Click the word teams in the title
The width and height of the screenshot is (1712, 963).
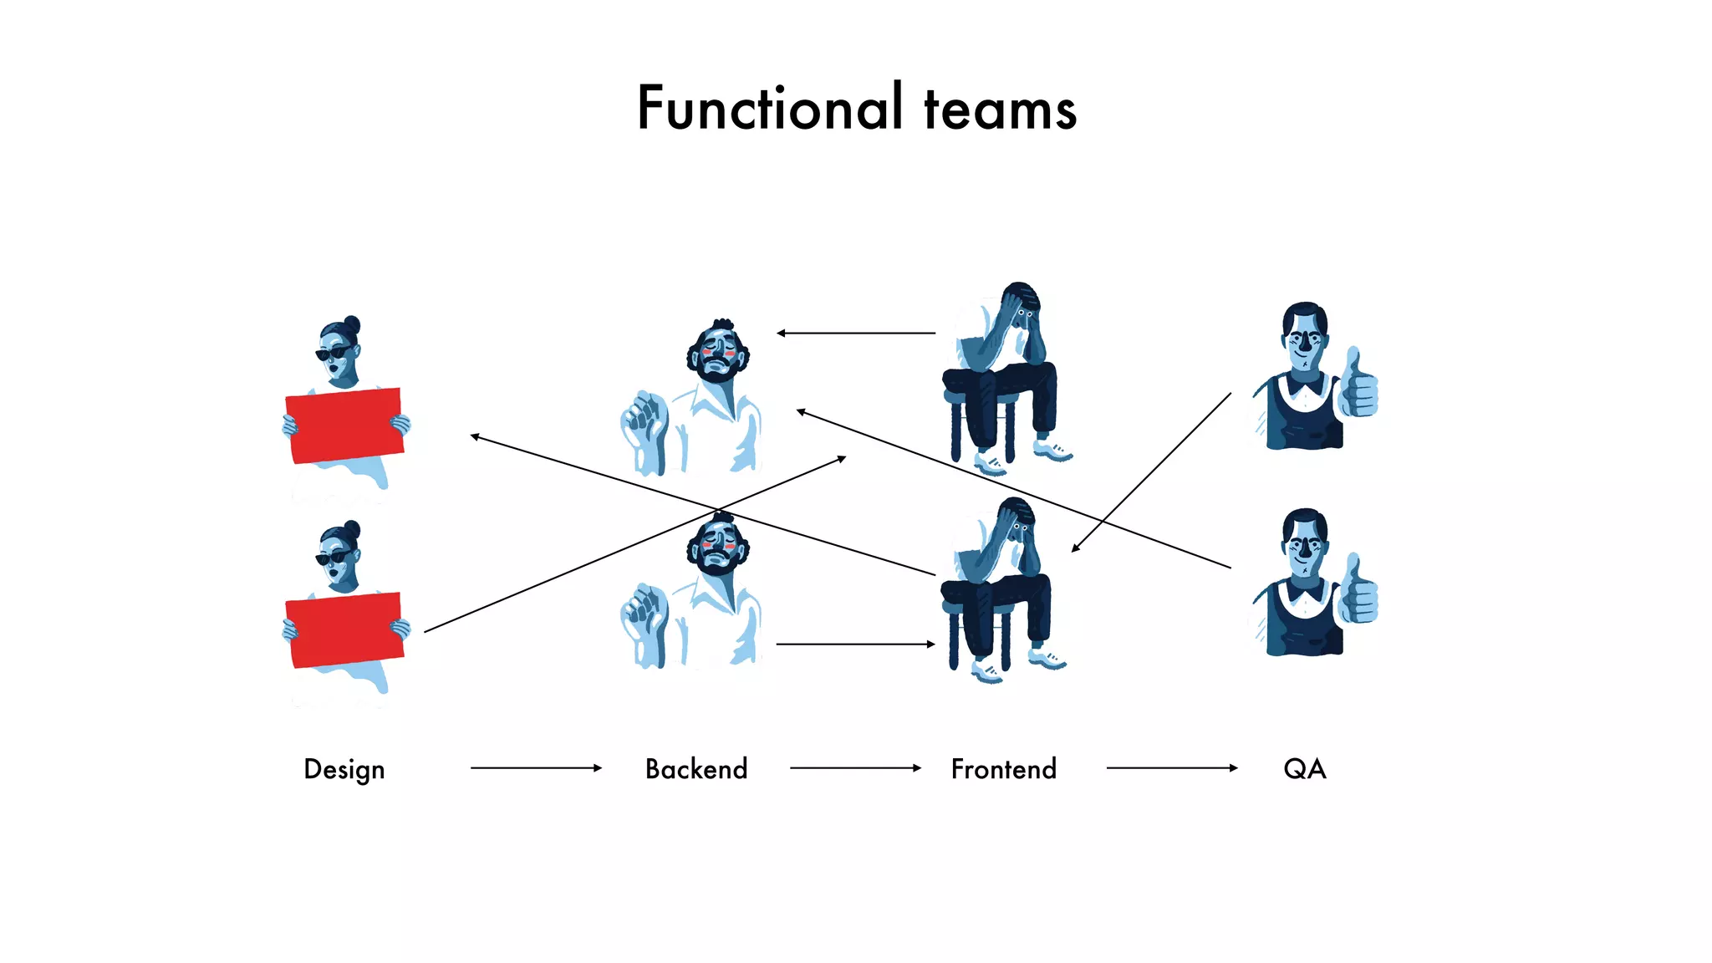1000,111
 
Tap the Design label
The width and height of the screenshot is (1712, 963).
344,769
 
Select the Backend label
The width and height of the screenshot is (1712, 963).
696,769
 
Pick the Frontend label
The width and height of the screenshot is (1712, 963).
1003,769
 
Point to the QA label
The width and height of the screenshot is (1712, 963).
1304,769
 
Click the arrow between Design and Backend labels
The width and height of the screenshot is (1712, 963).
535,767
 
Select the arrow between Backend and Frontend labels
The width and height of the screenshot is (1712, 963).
854,767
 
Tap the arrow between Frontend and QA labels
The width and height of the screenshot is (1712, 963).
1170,767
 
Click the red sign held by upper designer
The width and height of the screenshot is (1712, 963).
344,425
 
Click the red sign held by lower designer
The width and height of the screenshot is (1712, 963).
344,629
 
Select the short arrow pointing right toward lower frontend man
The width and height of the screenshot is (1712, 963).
854,644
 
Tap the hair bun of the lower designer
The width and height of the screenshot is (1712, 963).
352,529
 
